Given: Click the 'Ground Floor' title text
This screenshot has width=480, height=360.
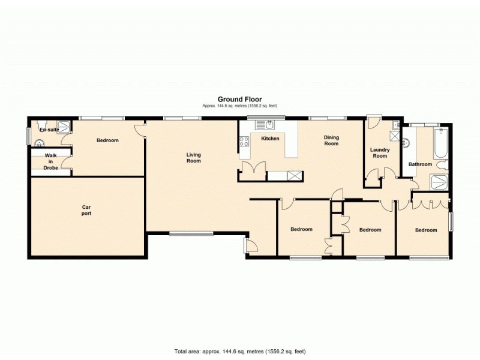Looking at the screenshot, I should (239, 100).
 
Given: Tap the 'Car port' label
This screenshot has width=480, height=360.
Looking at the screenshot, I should (86, 210).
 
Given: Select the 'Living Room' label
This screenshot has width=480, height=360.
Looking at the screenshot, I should (193, 158).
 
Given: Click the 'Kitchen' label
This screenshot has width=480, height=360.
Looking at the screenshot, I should (270, 139).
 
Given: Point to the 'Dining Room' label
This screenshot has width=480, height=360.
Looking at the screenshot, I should (331, 140).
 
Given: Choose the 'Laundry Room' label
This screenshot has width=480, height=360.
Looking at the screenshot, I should (379, 153).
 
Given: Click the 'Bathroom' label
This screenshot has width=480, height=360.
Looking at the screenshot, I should (420, 164).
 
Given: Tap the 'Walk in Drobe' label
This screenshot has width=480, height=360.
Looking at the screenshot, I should (51, 161).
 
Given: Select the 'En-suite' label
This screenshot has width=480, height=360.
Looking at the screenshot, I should (49, 130).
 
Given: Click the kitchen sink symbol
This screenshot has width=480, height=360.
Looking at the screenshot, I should (265, 125).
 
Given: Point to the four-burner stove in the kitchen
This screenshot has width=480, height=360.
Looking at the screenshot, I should (245, 142).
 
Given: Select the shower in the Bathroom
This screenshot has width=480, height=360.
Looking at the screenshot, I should (439, 184).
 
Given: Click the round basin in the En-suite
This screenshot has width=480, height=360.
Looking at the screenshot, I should (40, 143).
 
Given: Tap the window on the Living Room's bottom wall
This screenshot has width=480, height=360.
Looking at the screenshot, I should (190, 233).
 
